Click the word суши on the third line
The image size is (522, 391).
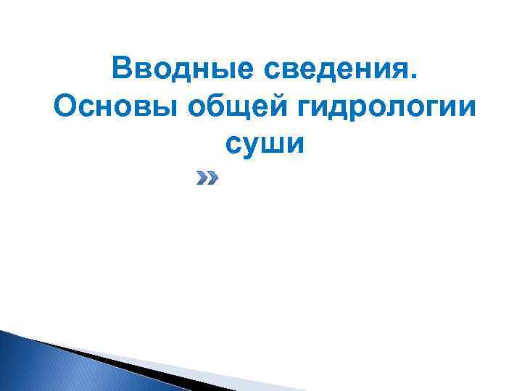263,144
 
